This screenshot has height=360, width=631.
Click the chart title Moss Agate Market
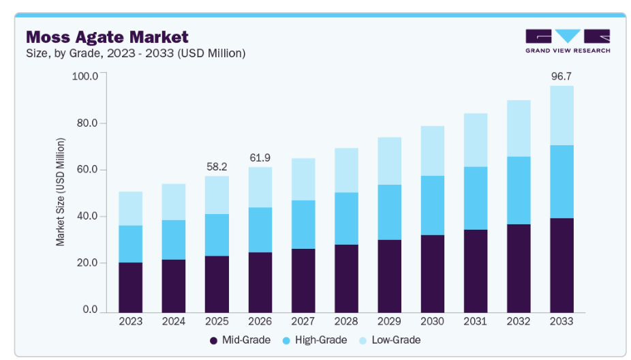(107, 36)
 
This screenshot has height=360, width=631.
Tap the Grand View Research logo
(567, 41)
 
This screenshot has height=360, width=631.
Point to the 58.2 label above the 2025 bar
(217, 166)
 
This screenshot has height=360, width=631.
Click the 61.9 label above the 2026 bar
(259, 157)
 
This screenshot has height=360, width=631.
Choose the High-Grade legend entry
(317, 340)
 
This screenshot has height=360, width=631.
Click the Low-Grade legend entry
(392, 340)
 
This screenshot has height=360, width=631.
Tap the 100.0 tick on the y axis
(84, 76)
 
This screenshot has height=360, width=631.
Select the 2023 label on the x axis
(130, 320)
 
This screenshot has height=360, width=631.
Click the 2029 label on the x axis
(389, 320)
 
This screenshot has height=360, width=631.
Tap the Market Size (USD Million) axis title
(61, 192)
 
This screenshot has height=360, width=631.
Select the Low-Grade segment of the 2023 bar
(130, 208)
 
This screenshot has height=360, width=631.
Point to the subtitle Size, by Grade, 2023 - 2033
(135, 53)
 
